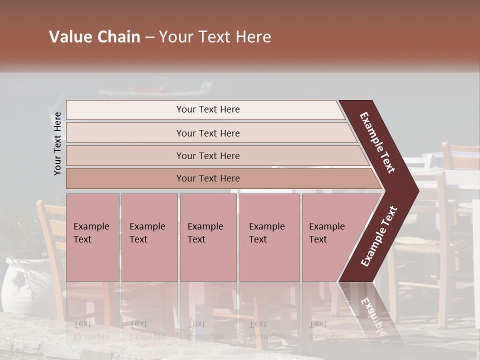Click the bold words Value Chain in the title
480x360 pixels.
click(94, 37)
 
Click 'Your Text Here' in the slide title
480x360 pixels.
click(215, 37)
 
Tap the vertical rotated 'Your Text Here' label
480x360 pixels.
click(57, 143)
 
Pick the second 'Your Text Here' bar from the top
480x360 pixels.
click(207, 133)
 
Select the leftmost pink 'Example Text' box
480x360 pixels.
click(92, 237)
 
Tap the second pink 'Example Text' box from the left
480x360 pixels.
click(149, 237)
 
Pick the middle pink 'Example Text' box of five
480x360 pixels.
click(208, 237)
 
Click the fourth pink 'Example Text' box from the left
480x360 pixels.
click(269, 237)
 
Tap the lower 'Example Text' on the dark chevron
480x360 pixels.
click(379, 236)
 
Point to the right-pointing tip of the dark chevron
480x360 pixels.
click(416, 190)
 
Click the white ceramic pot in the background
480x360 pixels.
click(20, 280)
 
